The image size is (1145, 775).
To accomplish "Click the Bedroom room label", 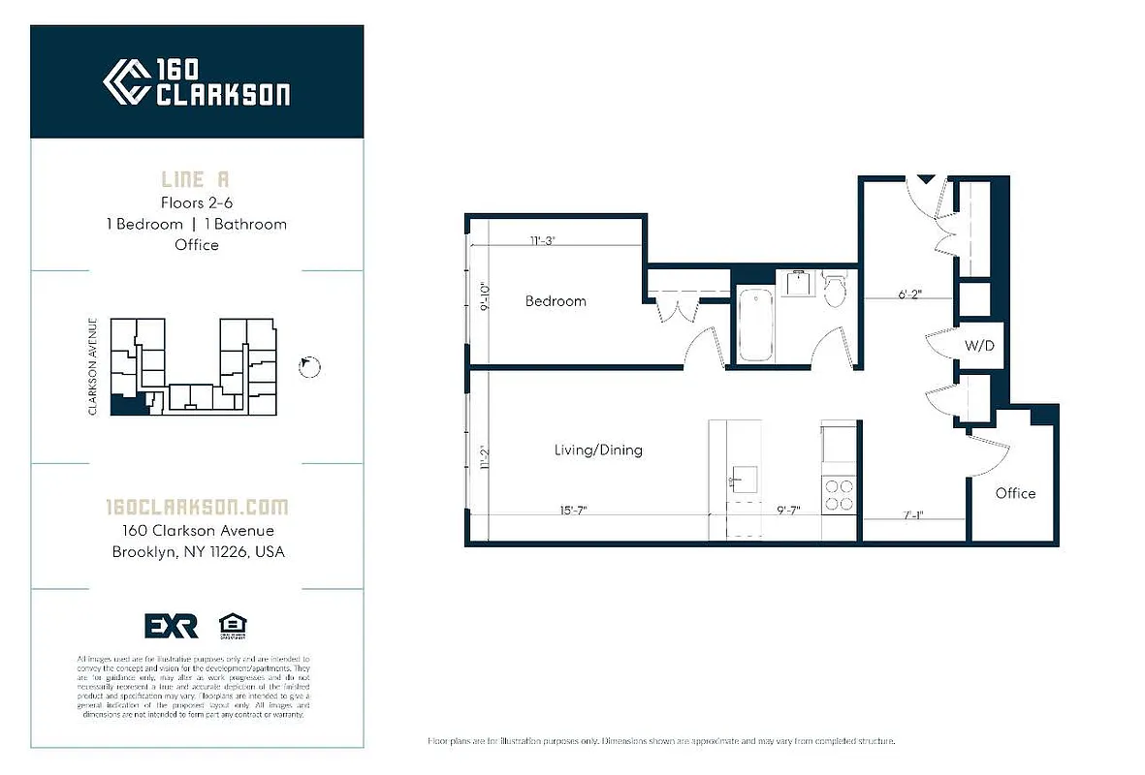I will (556, 301).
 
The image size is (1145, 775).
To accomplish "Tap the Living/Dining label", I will (598, 450).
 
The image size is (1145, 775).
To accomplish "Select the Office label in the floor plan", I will (1015, 493).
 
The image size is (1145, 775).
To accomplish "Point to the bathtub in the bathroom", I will (756, 324).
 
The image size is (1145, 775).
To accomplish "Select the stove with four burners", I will (840, 495).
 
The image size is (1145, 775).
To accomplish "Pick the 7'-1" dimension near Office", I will (912, 515).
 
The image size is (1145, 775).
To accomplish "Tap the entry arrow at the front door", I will (926, 179).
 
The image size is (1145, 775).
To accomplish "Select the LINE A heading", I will (196, 180).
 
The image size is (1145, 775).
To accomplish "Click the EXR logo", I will (172, 627).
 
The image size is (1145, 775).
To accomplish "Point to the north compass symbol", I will (310, 366).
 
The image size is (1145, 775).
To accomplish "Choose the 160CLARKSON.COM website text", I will (197, 507).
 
